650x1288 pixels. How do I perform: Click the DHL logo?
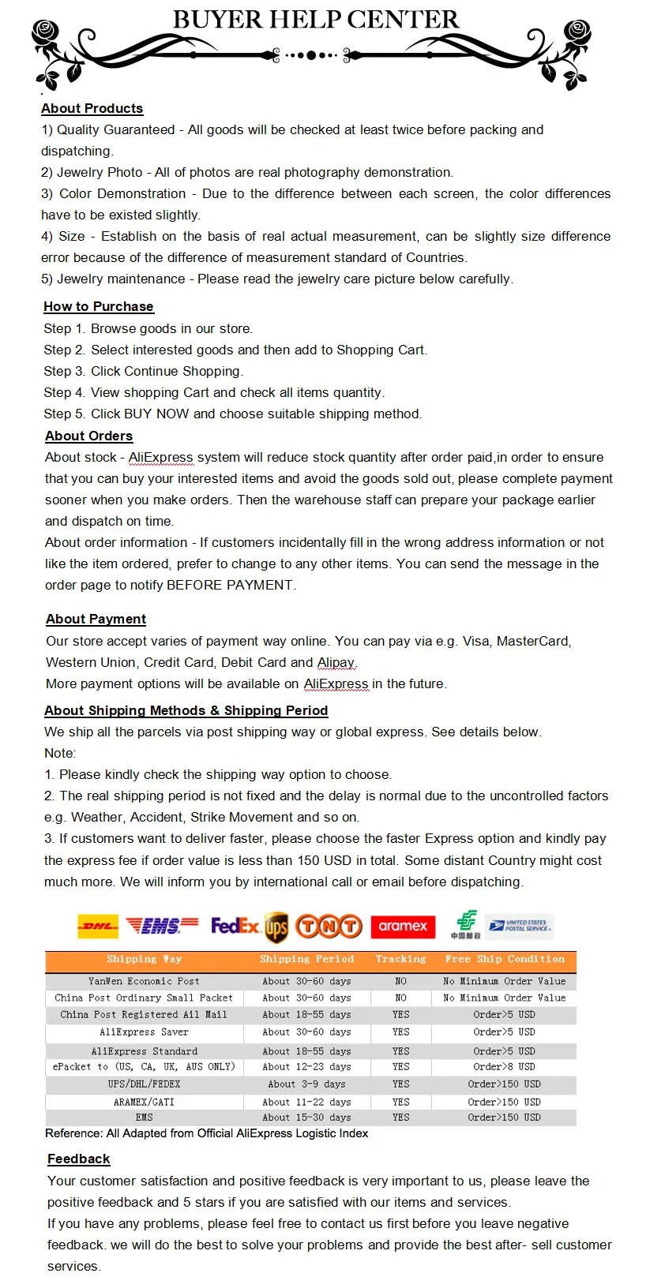(x=98, y=926)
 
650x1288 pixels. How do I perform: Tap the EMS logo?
(x=162, y=926)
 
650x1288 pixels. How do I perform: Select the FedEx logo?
(x=235, y=925)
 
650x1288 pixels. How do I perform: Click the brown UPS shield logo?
(x=276, y=927)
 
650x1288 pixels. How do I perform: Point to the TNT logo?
(x=329, y=926)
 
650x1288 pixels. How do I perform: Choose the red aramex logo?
(x=403, y=926)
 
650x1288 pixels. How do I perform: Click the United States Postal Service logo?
(x=520, y=925)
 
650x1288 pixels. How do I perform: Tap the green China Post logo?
(x=466, y=924)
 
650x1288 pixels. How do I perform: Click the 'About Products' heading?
(x=92, y=108)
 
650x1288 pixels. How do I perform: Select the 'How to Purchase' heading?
(x=99, y=306)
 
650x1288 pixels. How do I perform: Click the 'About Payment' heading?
(x=96, y=619)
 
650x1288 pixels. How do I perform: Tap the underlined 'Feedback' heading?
(x=78, y=1159)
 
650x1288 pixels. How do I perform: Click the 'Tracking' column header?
(x=400, y=959)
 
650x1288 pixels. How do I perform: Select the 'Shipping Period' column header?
(x=306, y=959)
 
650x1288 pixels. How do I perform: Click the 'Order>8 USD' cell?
(x=504, y=1066)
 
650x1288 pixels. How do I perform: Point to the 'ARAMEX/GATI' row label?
(x=144, y=1102)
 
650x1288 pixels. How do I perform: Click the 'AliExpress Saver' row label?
(x=144, y=1032)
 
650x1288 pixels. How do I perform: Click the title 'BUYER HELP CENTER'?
(x=315, y=19)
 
